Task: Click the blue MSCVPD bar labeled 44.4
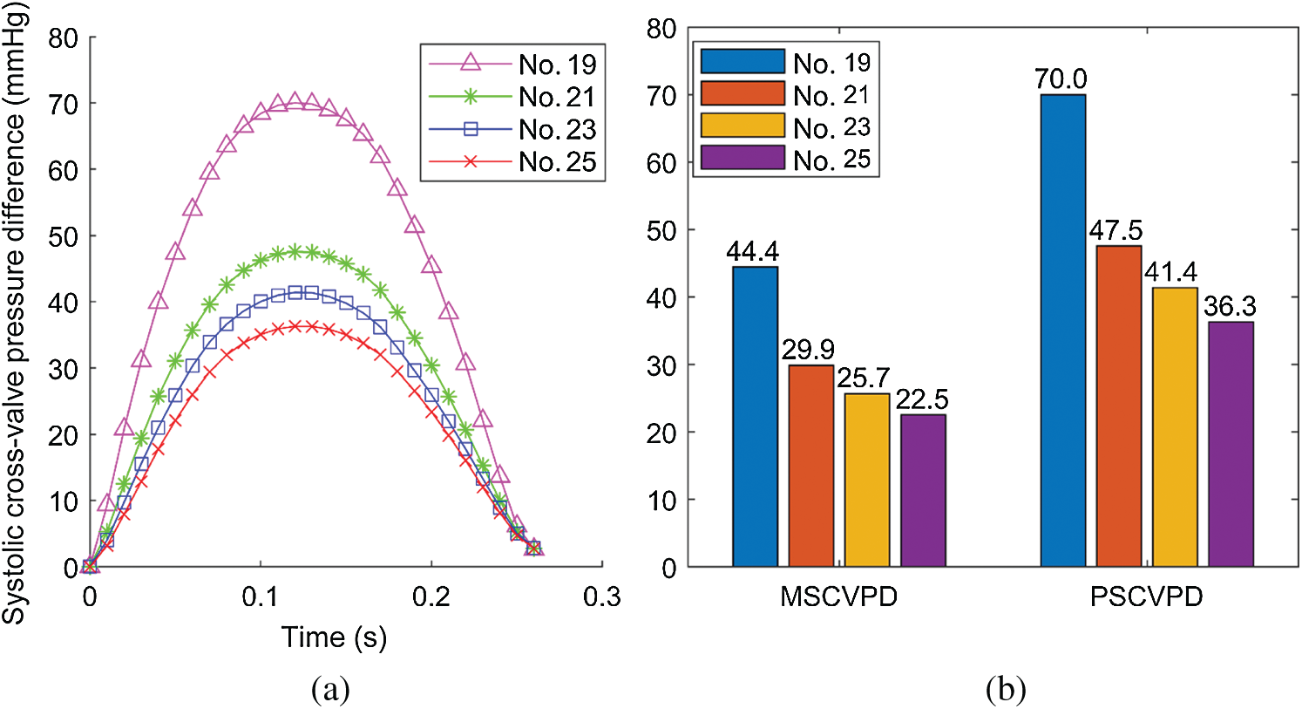[755, 417]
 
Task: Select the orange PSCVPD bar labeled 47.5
[1119, 406]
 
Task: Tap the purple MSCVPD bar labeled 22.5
[923, 490]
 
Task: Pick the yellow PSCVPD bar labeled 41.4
[1175, 427]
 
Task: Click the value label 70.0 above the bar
[1061, 79]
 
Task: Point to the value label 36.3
[1230, 307]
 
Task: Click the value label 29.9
[808, 350]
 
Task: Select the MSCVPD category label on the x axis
[838, 597]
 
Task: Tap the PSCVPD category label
[1146, 597]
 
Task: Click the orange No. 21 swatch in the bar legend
[743, 94]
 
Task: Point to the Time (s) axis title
[334, 637]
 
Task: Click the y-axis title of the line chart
[15, 314]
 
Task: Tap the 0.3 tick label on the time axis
[601, 597]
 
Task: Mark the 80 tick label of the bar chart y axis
[661, 29]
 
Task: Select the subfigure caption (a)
[330, 691]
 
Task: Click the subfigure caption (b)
[1006, 691]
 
